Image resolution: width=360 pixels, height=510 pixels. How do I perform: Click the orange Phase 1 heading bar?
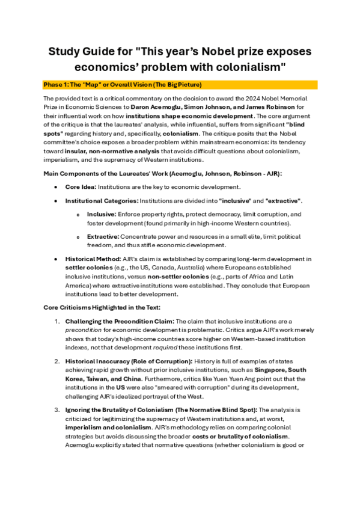[x=180, y=84]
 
